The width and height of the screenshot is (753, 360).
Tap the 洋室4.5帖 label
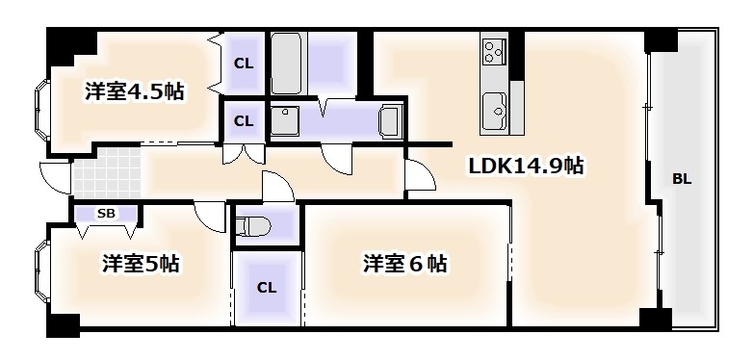click(x=134, y=92)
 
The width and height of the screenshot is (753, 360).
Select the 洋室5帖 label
click(x=143, y=263)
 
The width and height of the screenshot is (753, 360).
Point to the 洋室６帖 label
click(x=404, y=263)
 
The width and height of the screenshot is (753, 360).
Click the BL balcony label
click(x=682, y=179)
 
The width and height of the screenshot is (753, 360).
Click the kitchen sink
click(x=494, y=108)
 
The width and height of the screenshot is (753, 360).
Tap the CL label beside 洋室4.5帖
click(x=244, y=65)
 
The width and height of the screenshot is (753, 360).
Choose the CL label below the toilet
click(x=266, y=287)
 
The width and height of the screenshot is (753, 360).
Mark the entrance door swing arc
click(x=56, y=176)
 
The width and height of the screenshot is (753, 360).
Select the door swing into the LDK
click(x=419, y=175)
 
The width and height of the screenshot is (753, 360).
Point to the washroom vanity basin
click(x=390, y=123)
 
